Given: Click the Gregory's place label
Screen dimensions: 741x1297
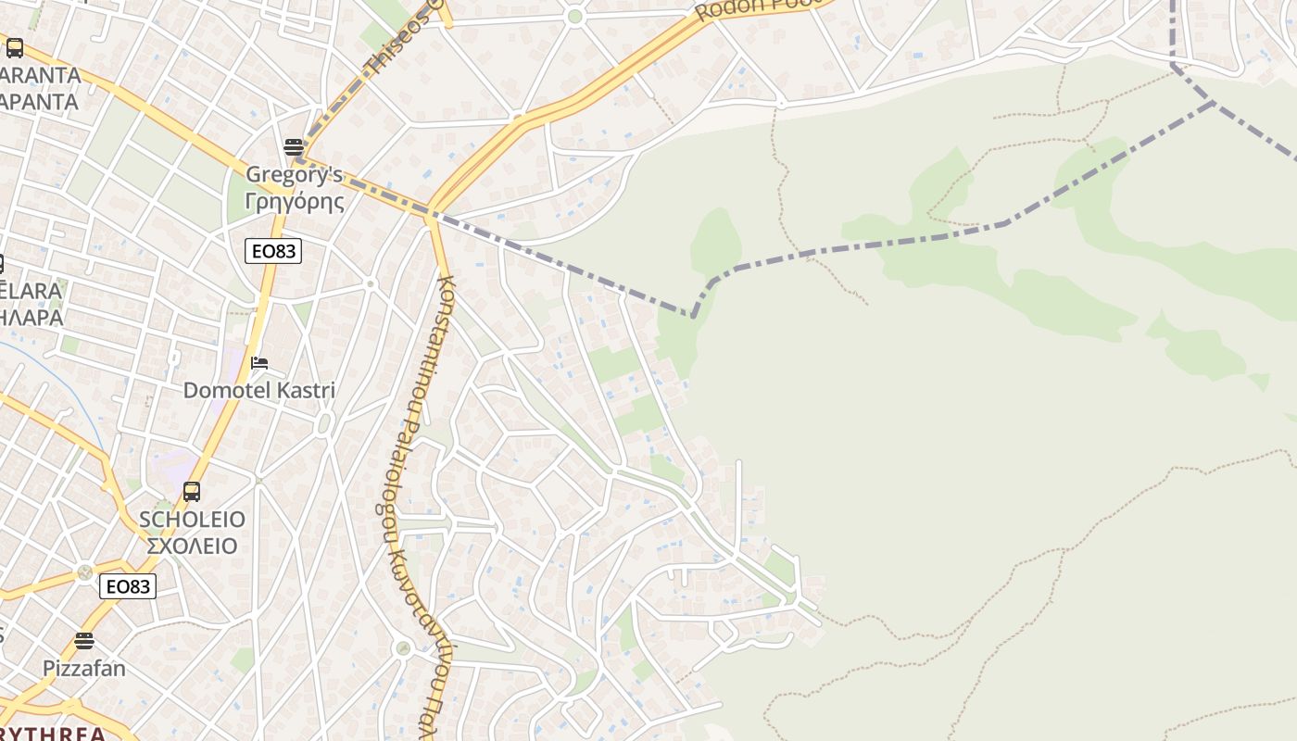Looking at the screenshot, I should click(294, 174).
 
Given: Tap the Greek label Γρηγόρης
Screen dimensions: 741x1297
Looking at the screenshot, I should click(294, 200).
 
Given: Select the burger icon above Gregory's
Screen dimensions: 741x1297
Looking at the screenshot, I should click(294, 146).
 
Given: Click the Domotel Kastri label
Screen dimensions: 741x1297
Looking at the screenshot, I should click(259, 390).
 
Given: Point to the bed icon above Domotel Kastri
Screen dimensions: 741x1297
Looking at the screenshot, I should click(259, 363).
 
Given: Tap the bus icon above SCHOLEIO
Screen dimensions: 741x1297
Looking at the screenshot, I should click(192, 492).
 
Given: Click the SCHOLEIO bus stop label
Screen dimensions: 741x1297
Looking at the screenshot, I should click(192, 519).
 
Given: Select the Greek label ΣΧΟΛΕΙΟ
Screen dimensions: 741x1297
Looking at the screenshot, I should click(192, 545).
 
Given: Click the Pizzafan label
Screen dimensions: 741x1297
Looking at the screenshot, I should click(84, 668).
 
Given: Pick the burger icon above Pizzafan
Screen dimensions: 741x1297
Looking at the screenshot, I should click(84, 641).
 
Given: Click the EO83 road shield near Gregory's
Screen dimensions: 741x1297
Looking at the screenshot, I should click(274, 251).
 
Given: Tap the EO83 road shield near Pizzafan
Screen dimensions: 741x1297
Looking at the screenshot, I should click(128, 586).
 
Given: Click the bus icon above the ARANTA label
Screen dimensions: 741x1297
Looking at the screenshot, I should click(14, 48).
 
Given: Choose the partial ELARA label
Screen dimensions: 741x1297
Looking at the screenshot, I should click(31, 291).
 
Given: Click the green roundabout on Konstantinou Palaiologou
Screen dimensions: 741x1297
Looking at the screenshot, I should click(402, 647).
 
